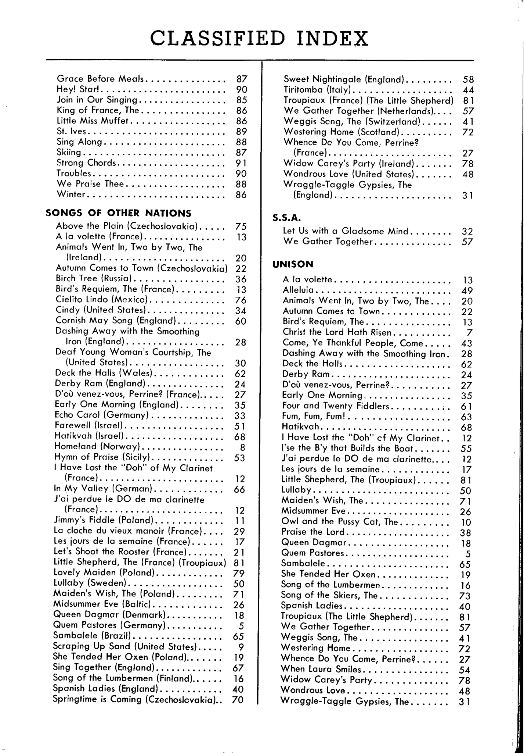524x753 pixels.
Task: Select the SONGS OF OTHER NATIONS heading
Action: pyautogui.click(x=118, y=213)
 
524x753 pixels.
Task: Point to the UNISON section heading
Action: pyautogui.click(x=293, y=264)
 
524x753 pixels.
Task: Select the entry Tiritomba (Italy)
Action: pyautogui.click(x=317, y=90)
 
